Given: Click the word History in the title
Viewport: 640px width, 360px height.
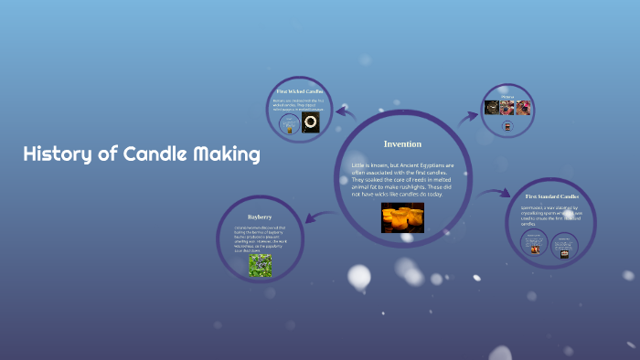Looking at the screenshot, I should [58, 154].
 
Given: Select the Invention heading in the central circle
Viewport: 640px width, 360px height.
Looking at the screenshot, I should [402, 144].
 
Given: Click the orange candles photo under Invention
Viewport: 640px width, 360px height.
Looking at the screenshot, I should [402, 218].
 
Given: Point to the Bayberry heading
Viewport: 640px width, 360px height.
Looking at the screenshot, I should [260, 217].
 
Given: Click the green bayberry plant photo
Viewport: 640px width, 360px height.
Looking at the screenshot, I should [260, 265].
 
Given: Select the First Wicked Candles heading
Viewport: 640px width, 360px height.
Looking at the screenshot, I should [301, 92].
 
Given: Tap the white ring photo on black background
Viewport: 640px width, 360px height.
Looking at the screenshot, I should [311, 123].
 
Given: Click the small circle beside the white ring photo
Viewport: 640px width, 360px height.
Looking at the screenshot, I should [290, 125].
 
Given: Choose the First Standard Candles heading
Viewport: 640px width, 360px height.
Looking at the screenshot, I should [551, 196].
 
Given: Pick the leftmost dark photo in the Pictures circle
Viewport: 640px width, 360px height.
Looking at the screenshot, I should [492, 108].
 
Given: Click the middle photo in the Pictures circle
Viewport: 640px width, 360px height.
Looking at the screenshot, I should [507, 108].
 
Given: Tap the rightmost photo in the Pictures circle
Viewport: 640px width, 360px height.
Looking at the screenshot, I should [523, 108].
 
